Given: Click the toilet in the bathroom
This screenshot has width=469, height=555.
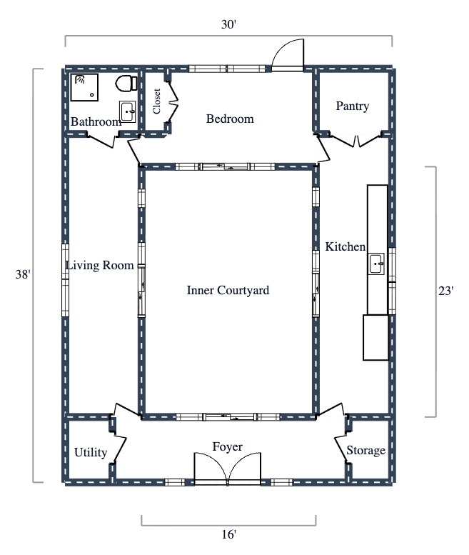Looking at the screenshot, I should click(126, 83).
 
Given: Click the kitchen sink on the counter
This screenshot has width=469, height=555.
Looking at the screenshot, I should click(377, 264).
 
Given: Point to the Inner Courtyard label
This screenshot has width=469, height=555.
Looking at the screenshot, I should click(228, 290).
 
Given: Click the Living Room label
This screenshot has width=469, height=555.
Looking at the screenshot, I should click(100, 266).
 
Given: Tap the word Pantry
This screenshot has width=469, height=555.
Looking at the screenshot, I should click(353, 106).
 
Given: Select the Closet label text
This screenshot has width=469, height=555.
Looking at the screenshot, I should click(157, 101).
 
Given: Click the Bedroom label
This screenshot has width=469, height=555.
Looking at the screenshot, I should click(230, 119).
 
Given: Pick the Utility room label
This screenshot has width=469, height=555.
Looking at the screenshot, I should click(91, 452).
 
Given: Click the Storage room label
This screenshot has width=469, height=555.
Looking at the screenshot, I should click(365, 451).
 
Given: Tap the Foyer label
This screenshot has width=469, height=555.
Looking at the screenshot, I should click(228, 447).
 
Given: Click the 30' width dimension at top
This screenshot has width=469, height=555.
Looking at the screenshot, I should click(228, 24).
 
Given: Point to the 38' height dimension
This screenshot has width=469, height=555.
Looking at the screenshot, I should click(23, 275).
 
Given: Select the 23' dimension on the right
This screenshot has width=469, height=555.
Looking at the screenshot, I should click(447, 291).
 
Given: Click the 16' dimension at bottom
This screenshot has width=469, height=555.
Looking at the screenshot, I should click(228, 534).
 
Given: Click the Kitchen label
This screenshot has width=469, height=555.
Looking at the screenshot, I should click(346, 246).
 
